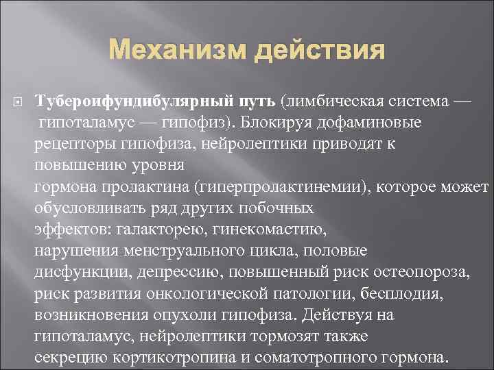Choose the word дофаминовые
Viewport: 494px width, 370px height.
tap(384, 122)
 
